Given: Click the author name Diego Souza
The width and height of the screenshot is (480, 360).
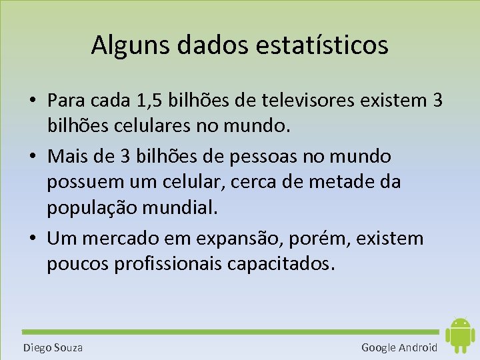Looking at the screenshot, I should (53, 347).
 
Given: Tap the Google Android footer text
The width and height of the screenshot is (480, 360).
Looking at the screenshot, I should (399, 347).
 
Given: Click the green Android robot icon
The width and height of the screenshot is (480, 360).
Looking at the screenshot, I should (459, 335).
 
